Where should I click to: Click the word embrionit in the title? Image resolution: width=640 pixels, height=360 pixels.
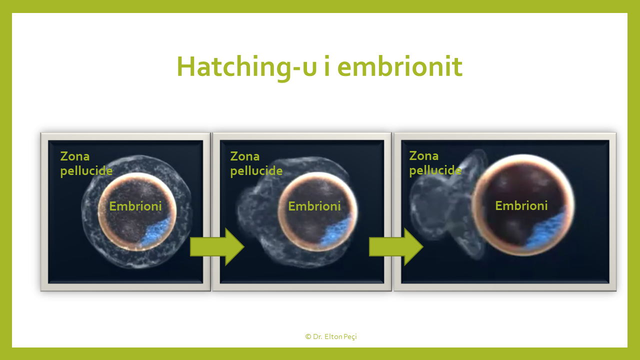(x=400, y=66)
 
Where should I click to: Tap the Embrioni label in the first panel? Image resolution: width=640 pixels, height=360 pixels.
(x=135, y=206)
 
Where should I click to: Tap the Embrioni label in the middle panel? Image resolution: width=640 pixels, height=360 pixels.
(x=314, y=206)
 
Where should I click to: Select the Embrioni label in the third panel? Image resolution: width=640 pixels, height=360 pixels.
(x=521, y=205)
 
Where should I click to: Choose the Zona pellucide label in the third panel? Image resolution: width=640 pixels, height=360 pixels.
(x=435, y=163)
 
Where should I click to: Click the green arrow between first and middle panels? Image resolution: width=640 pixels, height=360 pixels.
(x=217, y=247)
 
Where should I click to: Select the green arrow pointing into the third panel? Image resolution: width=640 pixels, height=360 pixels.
(x=396, y=247)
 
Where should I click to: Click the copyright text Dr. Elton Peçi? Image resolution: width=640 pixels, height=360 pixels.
(x=331, y=336)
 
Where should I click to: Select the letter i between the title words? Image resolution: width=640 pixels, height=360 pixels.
(x=327, y=66)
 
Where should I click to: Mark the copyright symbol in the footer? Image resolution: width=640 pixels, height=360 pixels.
(x=308, y=336)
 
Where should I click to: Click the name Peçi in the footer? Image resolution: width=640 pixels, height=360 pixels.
(x=350, y=337)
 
